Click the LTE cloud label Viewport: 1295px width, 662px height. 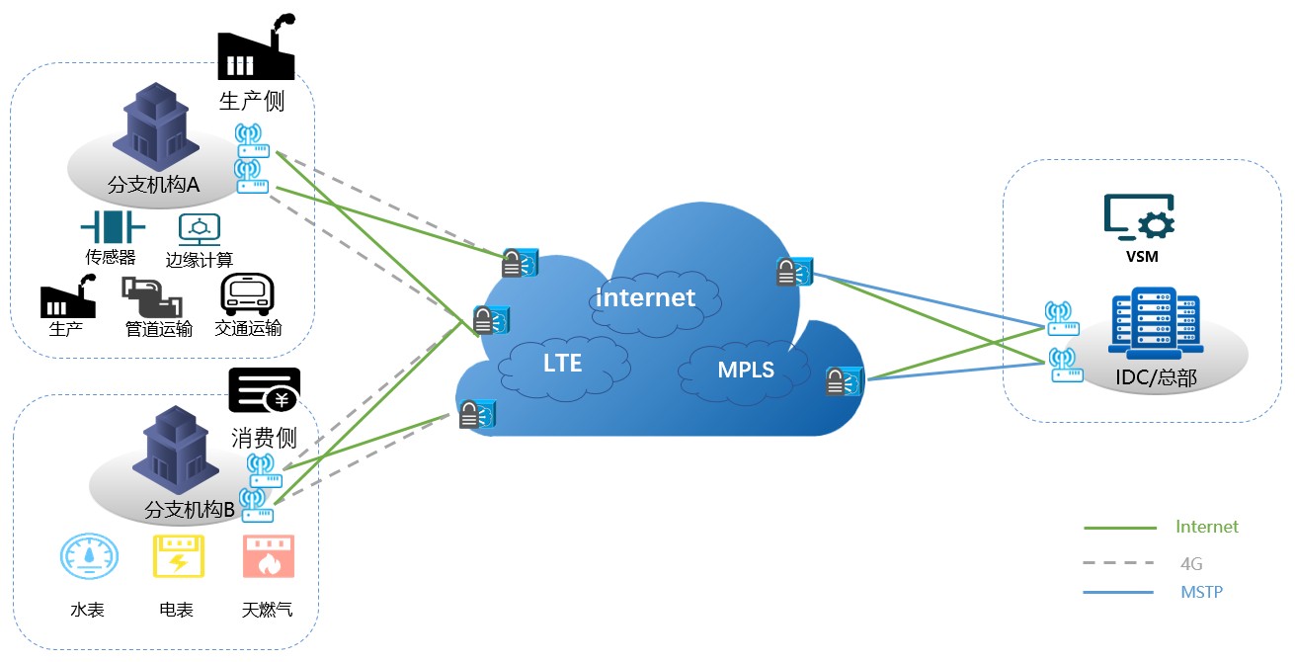point(562,363)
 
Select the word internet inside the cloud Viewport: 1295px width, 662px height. point(646,296)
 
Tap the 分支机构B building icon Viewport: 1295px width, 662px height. point(176,450)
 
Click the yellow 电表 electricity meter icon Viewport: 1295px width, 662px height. point(178,557)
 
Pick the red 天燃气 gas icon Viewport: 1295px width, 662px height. point(268,557)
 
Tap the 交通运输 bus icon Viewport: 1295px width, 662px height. point(246,293)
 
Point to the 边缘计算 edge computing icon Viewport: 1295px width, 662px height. point(199,228)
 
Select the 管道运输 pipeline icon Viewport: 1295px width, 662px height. point(151,294)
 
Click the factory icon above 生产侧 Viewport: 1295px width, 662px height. point(257,49)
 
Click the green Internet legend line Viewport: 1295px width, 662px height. point(1119,529)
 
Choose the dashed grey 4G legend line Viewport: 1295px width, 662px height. point(1119,563)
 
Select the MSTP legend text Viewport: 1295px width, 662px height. point(1201,592)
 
